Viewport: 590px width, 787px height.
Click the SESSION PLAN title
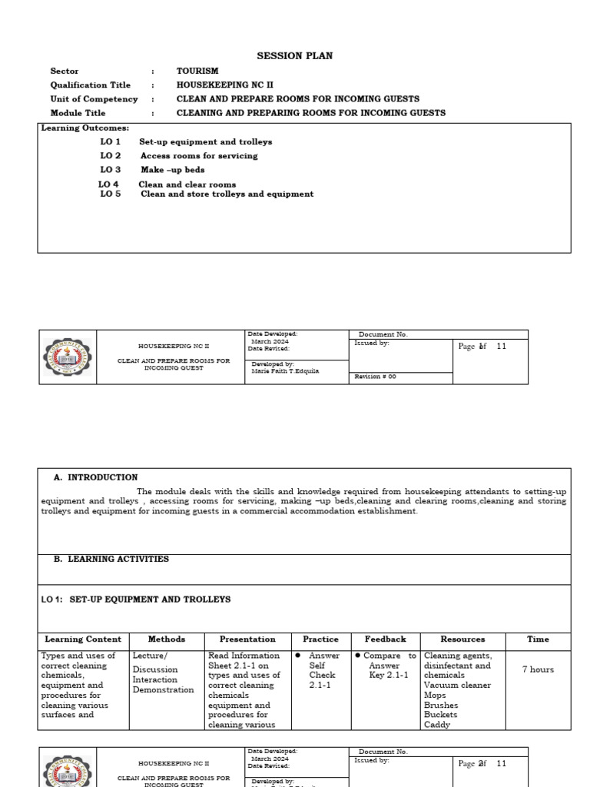pos(294,56)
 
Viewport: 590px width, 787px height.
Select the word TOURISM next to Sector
pos(197,71)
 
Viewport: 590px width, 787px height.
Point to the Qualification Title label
pos(91,85)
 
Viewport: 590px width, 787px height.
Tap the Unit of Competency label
pos(94,99)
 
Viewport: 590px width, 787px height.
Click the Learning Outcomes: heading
pos(85,128)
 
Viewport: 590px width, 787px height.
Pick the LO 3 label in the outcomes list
pos(111,170)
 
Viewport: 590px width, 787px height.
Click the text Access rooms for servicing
pos(199,156)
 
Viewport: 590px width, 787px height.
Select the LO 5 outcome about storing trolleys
pos(227,194)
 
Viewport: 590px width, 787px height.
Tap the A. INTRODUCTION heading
pos(95,477)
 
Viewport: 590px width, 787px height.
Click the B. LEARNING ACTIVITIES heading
pos(111,560)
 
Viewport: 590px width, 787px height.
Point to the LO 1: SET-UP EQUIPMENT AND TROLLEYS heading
pos(135,599)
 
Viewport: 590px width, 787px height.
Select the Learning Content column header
pos(83,639)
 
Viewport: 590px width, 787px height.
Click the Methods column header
pos(167,639)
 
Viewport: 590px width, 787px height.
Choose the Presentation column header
pos(247,639)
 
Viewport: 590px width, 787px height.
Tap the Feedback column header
pos(385,639)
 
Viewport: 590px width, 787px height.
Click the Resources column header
pos(462,639)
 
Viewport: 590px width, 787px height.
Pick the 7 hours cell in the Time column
pos(538,669)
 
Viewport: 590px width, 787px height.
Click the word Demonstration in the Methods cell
pos(164,690)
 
